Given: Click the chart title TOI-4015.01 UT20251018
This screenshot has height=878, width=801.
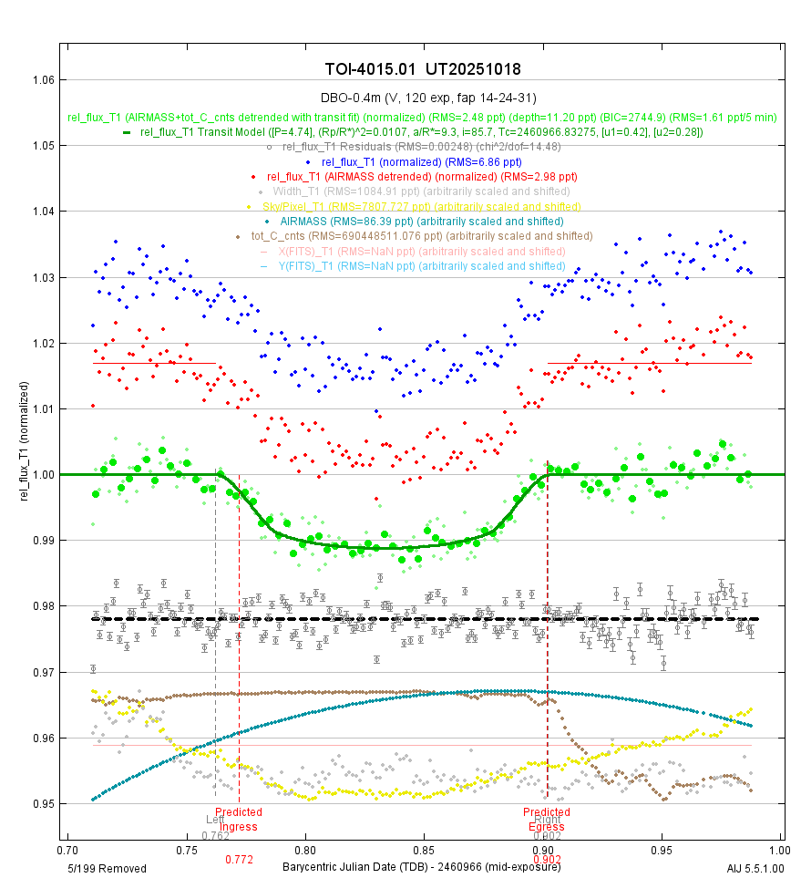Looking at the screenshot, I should [x=423, y=69].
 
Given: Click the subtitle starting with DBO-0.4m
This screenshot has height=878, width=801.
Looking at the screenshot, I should [x=423, y=98].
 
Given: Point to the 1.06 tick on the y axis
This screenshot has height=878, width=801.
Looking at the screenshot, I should [x=43, y=80].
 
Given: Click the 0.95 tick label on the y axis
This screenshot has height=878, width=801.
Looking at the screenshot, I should [x=43, y=803].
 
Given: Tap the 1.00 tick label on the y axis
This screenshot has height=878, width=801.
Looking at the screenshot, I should [x=43, y=474].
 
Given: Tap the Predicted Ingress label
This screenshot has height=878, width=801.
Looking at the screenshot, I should [x=239, y=819].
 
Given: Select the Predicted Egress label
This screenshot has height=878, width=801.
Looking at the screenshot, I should [x=547, y=819].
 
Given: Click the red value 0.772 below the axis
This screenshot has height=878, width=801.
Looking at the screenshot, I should [x=239, y=859].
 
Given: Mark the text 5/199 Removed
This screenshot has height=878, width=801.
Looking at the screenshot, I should [x=107, y=868].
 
